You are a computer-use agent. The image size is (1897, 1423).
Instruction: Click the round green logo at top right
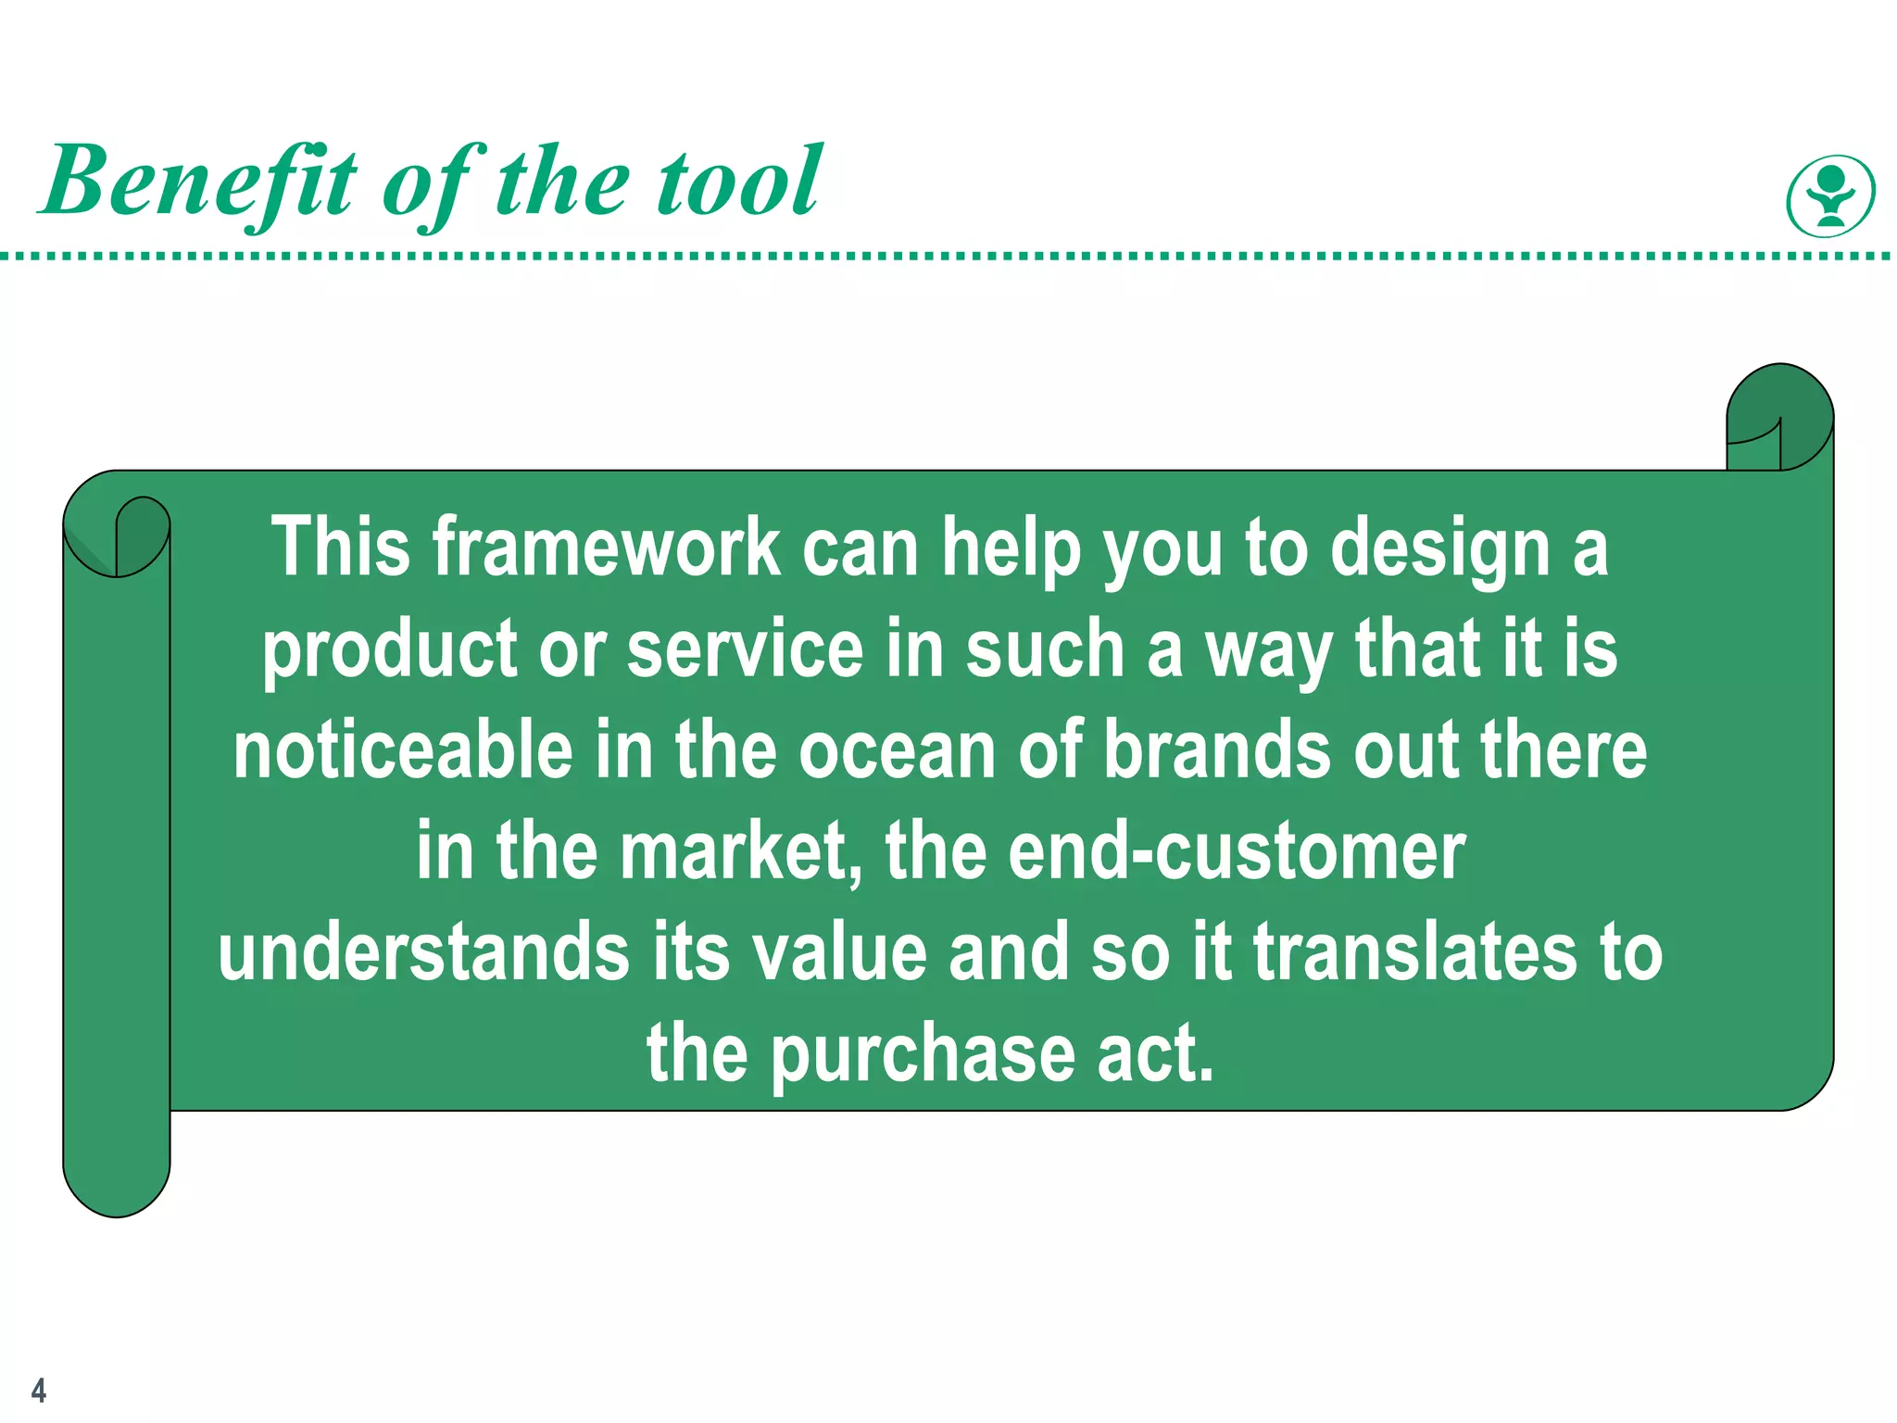(1830, 195)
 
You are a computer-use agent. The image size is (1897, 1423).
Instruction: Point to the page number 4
(38, 1390)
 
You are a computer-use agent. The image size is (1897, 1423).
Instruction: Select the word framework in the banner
(606, 548)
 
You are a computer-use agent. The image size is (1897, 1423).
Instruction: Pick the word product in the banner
(388, 650)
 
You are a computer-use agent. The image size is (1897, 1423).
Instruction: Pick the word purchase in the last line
(923, 1056)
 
